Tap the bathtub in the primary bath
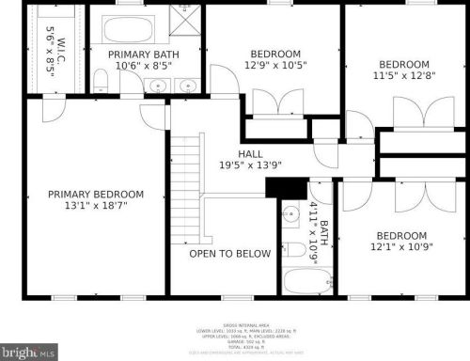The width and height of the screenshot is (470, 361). coord(128,29)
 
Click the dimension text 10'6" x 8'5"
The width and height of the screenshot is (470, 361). coord(144,67)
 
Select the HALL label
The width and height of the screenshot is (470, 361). coord(250,154)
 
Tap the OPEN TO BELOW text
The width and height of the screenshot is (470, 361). coord(229,254)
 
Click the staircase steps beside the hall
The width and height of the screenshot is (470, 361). coord(187,174)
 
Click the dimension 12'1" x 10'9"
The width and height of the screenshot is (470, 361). coord(401,247)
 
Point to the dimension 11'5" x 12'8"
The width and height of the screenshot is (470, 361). coord(405,77)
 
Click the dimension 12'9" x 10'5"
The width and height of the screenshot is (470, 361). coord(275,67)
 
